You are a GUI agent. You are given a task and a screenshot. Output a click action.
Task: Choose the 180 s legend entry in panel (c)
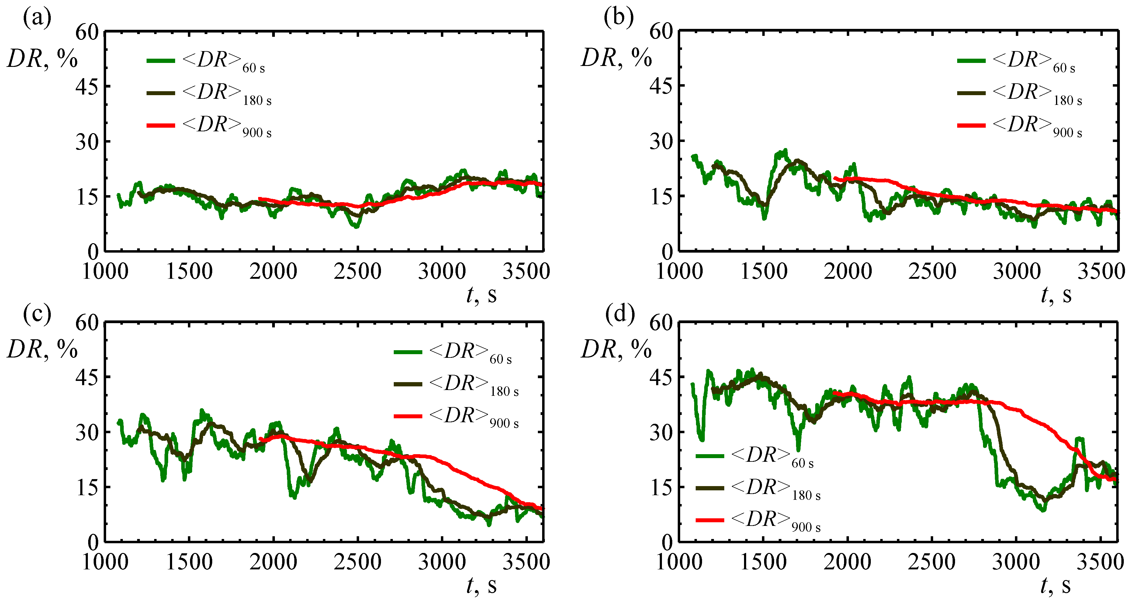click(457, 385)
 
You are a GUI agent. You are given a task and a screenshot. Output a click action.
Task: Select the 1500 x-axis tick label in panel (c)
click(189, 562)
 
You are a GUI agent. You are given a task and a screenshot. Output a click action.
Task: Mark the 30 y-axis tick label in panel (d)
click(661, 432)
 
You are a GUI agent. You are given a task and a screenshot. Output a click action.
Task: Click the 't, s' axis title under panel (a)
click(481, 295)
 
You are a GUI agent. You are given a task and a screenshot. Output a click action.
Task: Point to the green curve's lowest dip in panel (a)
click(356, 226)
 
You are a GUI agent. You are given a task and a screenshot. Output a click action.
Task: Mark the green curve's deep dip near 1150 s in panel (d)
click(702, 439)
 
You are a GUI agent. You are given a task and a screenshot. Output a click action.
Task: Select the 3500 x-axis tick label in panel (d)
click(1100, 562)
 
